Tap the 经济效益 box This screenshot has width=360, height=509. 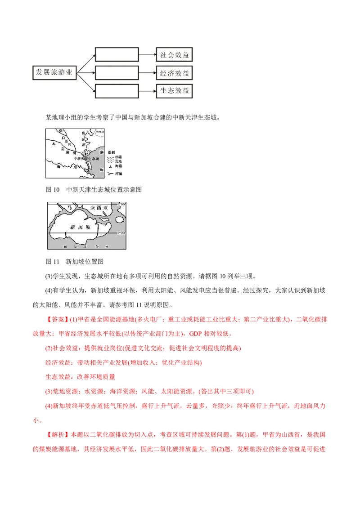(x=175, y=73)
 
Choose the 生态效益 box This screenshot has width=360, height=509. (x=175, y=90)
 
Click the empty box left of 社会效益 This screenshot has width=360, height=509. (x=117, y=55)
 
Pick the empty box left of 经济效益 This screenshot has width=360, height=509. (x=117, y=73)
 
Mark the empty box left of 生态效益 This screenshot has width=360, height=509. (x=117, y=90)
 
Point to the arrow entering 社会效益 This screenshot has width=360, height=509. (x=147, y=55)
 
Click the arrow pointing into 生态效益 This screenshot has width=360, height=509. (x=147, y=90)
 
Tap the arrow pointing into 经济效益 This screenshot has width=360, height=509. (x=147, y=73)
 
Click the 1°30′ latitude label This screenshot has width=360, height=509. (x=122, y=205)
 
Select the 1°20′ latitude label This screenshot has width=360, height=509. (x=122, y=233)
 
